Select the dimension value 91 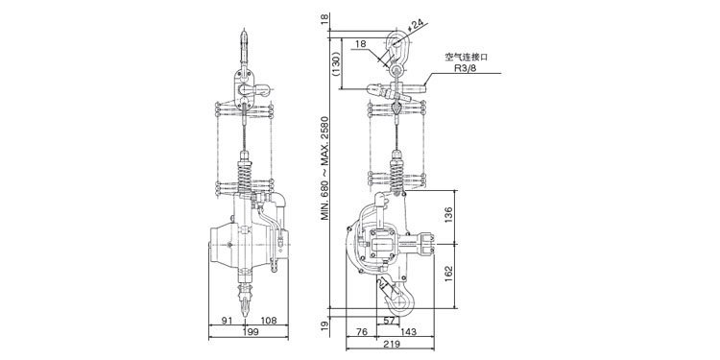pyautogui.click(x=228, y=320)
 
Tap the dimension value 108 pyautogui.click(x=269, y=320)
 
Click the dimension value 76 pyautogui.click(x=362, y=331)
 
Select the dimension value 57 pyautogui.click(x=389, y=321)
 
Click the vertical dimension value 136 pyautogui.click(x=449, y=215)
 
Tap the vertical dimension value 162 pyautogui.click(x=449, y=275)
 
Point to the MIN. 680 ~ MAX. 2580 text pyautogui.click(x=325, y=169)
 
